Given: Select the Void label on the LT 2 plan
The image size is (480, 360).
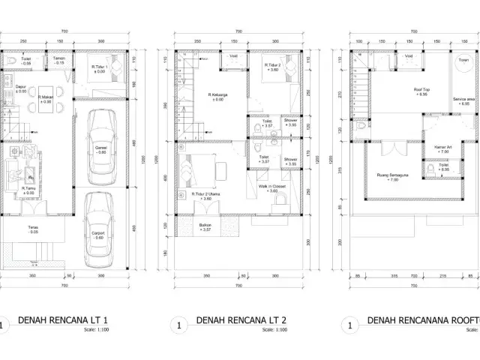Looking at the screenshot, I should coord(233,56).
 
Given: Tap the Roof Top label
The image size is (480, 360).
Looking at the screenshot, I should coord(421,90).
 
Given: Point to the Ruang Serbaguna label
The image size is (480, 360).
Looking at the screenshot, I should coord(394,178).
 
